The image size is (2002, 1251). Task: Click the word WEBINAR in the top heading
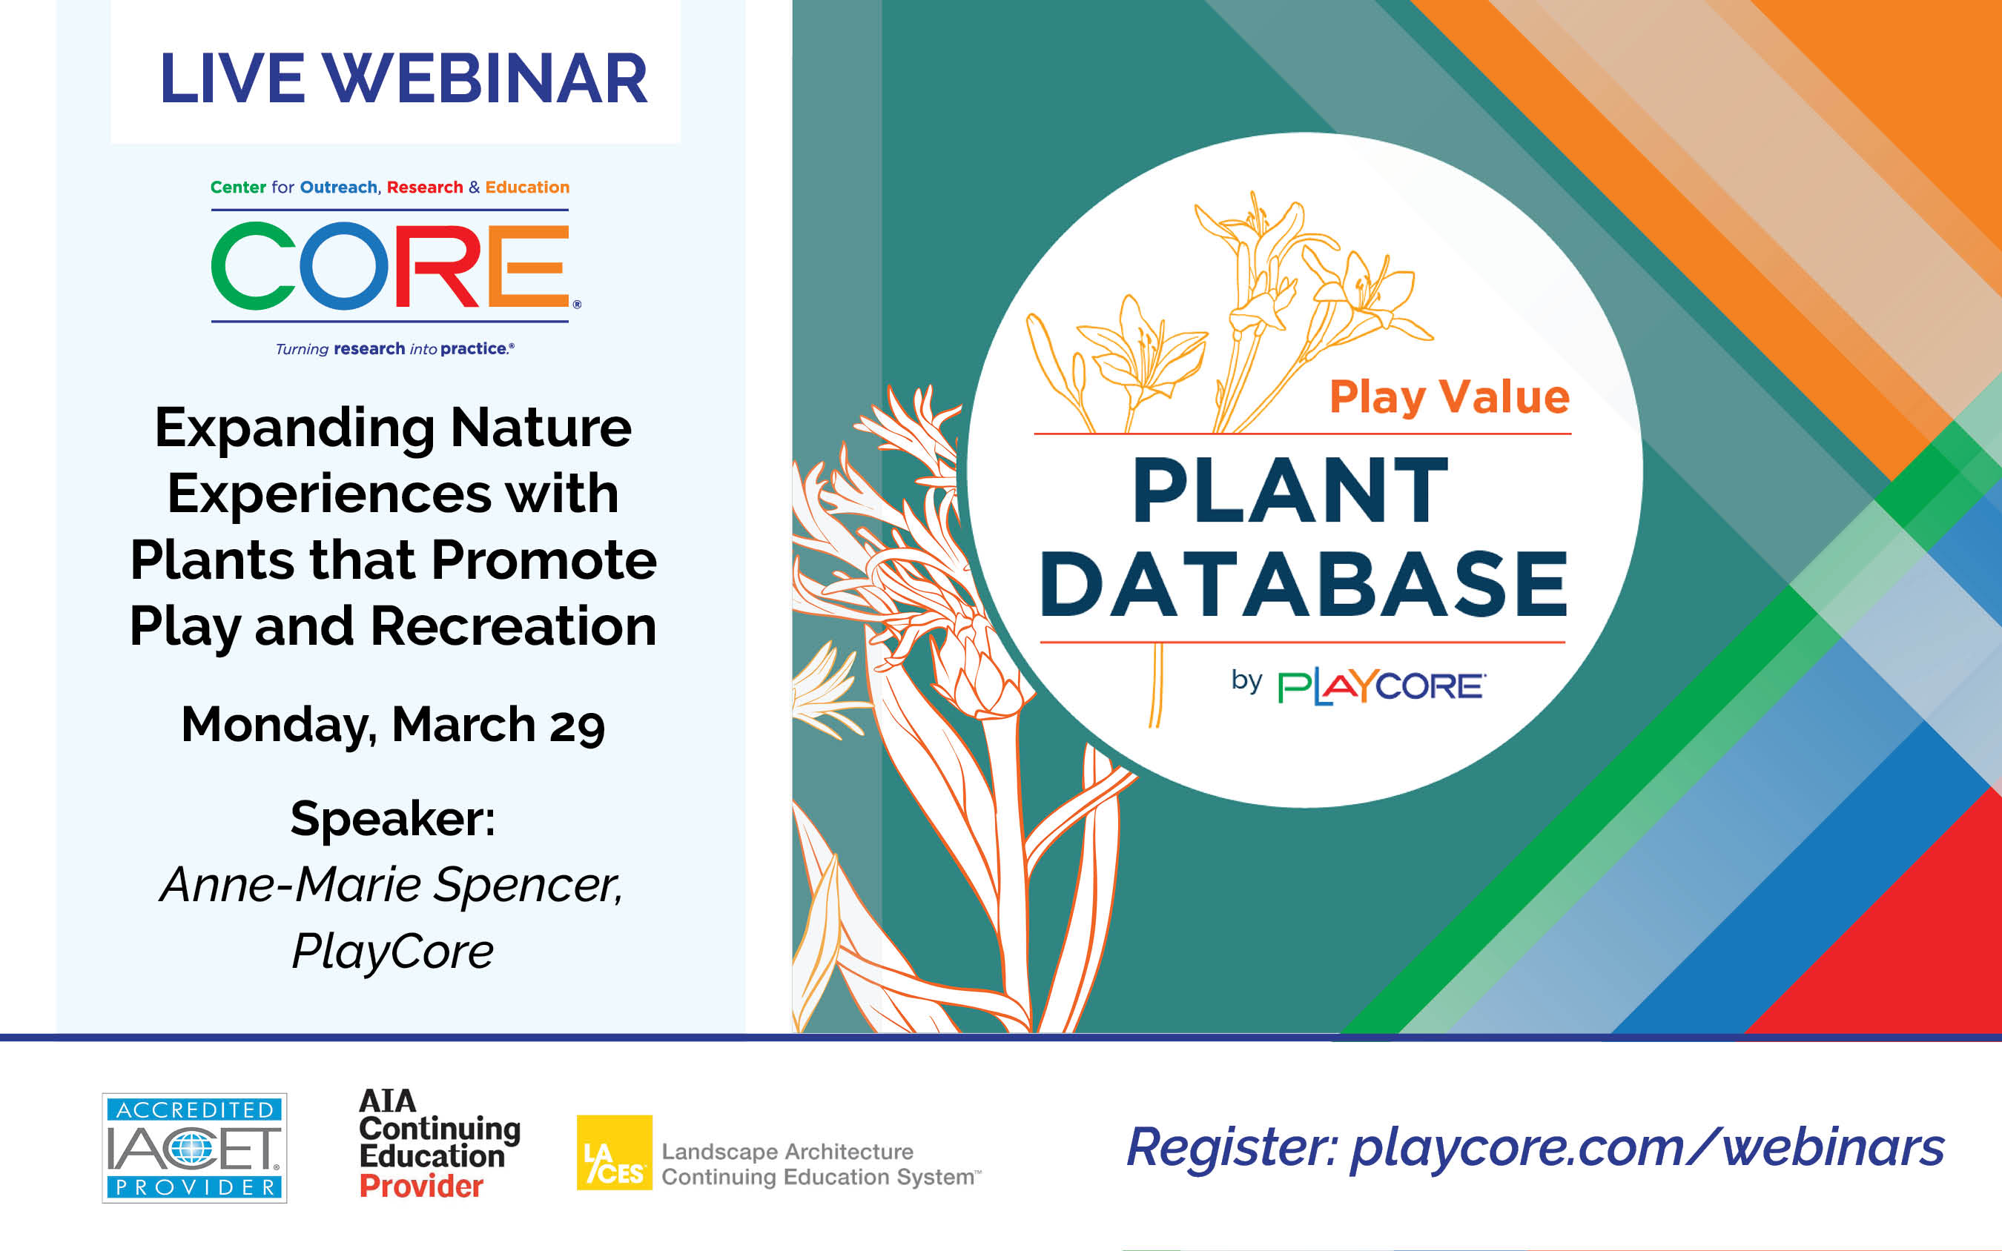point(485,79)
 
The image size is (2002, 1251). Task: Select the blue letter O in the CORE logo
point(344,266)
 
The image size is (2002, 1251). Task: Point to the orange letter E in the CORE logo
point(528,266)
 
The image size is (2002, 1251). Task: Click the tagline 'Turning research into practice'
point(394,349)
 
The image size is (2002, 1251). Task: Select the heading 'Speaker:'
point(393,819)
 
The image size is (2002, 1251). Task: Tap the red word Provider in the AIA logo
point(421,1187)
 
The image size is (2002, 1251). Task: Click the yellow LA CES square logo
point(614,1152)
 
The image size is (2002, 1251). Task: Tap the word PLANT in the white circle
point(1290,490)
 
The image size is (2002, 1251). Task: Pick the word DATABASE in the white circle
point(1304,584)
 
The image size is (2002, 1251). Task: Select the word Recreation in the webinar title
point(513,626)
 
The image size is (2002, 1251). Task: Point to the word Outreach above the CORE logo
point(339,187)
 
